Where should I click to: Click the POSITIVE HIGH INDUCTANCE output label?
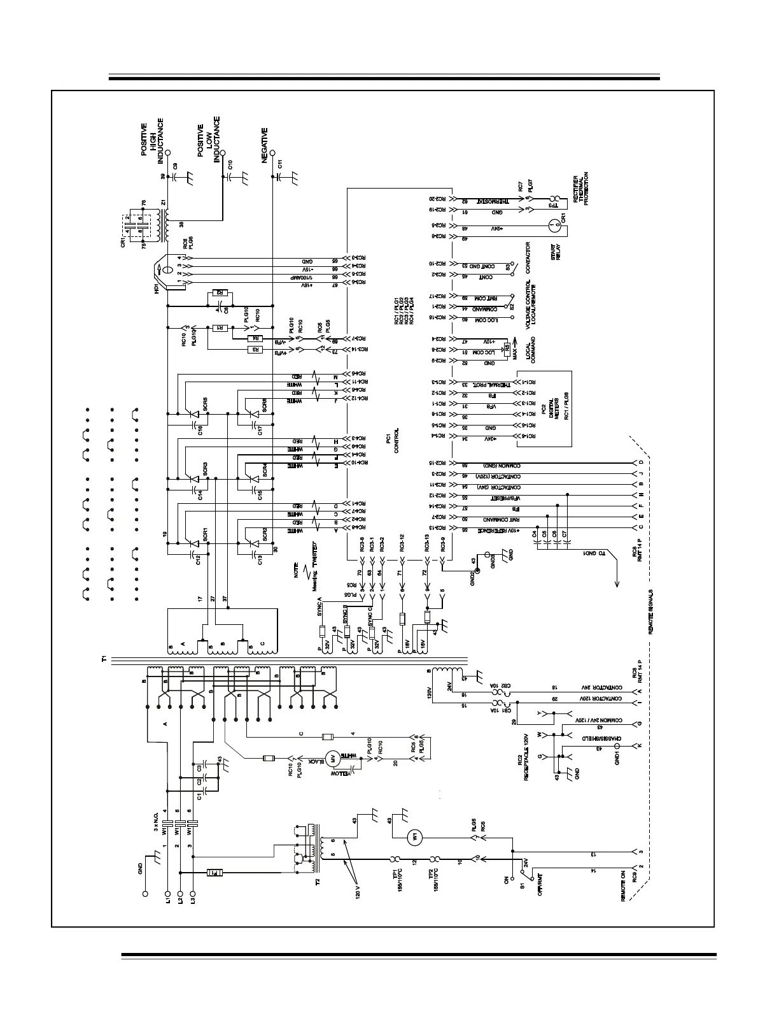pyautogui.click(x=153, y=137)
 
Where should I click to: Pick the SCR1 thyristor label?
pyautogui.click(x=205, y=533)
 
